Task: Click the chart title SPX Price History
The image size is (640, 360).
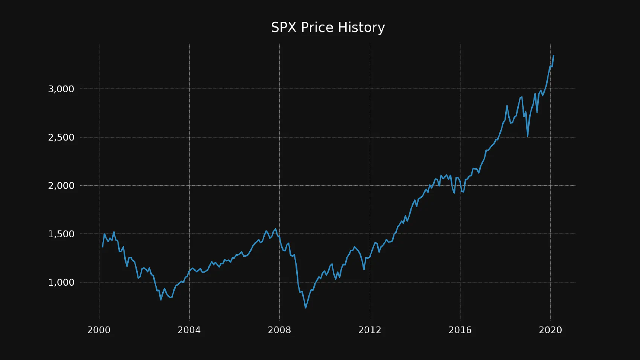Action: pos(328,27)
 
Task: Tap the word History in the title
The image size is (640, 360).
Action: pos(361,27)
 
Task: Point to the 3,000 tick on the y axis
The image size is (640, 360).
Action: pos(61,89)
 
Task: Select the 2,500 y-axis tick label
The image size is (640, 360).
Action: pos(61,137)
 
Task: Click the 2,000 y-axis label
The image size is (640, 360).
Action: pos(61,186)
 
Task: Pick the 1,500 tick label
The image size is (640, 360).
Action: pos(61,234)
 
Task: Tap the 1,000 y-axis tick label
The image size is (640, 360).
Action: pos(61,282)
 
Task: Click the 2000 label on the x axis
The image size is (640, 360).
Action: pos(99,330)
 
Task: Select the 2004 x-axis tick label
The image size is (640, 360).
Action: pos(189,330)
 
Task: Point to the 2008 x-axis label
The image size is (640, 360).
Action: pos(279,330)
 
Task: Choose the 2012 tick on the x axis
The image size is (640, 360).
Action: pos(370,330)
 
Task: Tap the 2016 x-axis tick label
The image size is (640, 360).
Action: pos(460,330)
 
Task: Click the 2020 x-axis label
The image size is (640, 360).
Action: pos(550,330)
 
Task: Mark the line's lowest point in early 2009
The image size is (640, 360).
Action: pos(306,308)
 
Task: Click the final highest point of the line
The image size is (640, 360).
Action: pos(553,56)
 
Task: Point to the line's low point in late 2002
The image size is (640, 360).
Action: pos(161,300)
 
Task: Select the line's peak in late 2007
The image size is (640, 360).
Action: pos(276,229)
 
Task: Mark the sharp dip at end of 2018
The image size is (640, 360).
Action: pos(528,136)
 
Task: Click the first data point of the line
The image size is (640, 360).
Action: pos(102,247)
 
